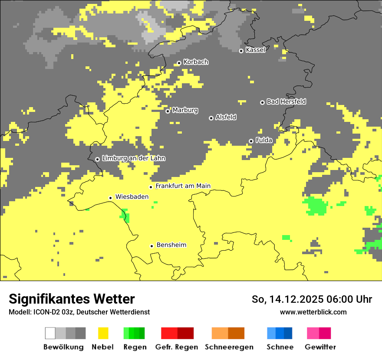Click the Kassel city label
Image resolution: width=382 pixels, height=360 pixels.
(255, 50)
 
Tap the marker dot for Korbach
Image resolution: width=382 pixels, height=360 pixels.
(179, 63)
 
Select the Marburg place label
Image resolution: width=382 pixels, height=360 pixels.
(185, 110)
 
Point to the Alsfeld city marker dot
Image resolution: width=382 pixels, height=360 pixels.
(211, 118)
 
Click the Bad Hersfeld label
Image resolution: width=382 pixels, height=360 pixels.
(286, 101)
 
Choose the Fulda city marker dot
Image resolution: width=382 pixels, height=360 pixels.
(251, 141)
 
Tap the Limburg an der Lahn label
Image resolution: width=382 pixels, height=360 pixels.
(133, 158)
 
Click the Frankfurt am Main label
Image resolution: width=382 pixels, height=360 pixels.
(183, 186)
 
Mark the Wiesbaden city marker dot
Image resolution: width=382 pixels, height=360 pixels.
(110, 198)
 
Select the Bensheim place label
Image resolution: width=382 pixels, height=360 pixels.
(171, 245)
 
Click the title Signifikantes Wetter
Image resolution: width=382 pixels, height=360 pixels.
(72, 299)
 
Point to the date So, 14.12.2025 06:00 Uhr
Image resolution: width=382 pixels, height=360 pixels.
(312, 300)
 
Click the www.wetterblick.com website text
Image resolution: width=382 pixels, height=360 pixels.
(313, 312)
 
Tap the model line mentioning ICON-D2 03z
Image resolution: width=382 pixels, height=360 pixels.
(79, 312)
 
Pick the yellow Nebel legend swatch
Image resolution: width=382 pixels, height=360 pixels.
(103, 333)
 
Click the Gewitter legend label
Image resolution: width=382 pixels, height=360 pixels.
(320, 347)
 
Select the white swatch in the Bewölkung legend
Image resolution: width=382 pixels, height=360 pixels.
(50, 333)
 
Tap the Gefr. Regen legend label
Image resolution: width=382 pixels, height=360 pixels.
(177, 347)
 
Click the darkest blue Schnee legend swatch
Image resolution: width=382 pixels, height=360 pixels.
(288, 333)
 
